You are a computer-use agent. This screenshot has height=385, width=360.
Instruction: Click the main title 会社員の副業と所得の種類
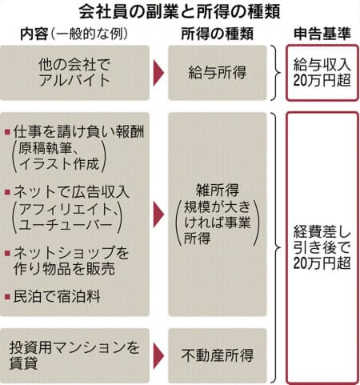click(x=179, y=12)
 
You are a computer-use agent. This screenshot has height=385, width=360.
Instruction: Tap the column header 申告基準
click(x=322, y=34)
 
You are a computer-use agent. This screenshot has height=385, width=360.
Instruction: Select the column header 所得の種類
click(x=217, y=34)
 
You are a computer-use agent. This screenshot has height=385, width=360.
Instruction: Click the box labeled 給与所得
click(x=218, y=73)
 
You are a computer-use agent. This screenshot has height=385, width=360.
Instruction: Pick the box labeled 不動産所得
click(x=218, y=355)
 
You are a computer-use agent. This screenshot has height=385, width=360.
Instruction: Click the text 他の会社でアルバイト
click(x=74, y=73)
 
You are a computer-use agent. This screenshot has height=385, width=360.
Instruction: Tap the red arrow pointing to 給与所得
click(x=158, y=73)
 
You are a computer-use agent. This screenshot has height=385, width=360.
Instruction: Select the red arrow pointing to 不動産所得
click(x=158, y=356)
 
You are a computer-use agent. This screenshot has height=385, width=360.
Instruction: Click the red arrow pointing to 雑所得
click(x=158, y=215)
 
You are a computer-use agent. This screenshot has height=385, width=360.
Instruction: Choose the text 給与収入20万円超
click(x=322, y=73)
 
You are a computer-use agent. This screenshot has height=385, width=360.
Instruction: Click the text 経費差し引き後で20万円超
click(x=322, y=247)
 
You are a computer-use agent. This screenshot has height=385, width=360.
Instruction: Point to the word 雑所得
click(x=218, y=190)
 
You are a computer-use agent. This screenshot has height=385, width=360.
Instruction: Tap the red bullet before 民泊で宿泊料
click(x=7, y=296)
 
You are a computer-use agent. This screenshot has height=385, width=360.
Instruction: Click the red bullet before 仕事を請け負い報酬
click(x=7, y=132)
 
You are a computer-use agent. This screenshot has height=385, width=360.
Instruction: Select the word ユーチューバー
click(x=66, y=226)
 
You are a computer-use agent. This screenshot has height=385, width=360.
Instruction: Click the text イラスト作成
click(x=59, y=163)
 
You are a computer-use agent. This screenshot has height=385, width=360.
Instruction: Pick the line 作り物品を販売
click(x=64, y=268)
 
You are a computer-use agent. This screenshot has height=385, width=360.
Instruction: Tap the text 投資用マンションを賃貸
click(x=74, y=355)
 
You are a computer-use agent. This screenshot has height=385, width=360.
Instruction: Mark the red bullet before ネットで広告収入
click(x=7, y=192)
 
